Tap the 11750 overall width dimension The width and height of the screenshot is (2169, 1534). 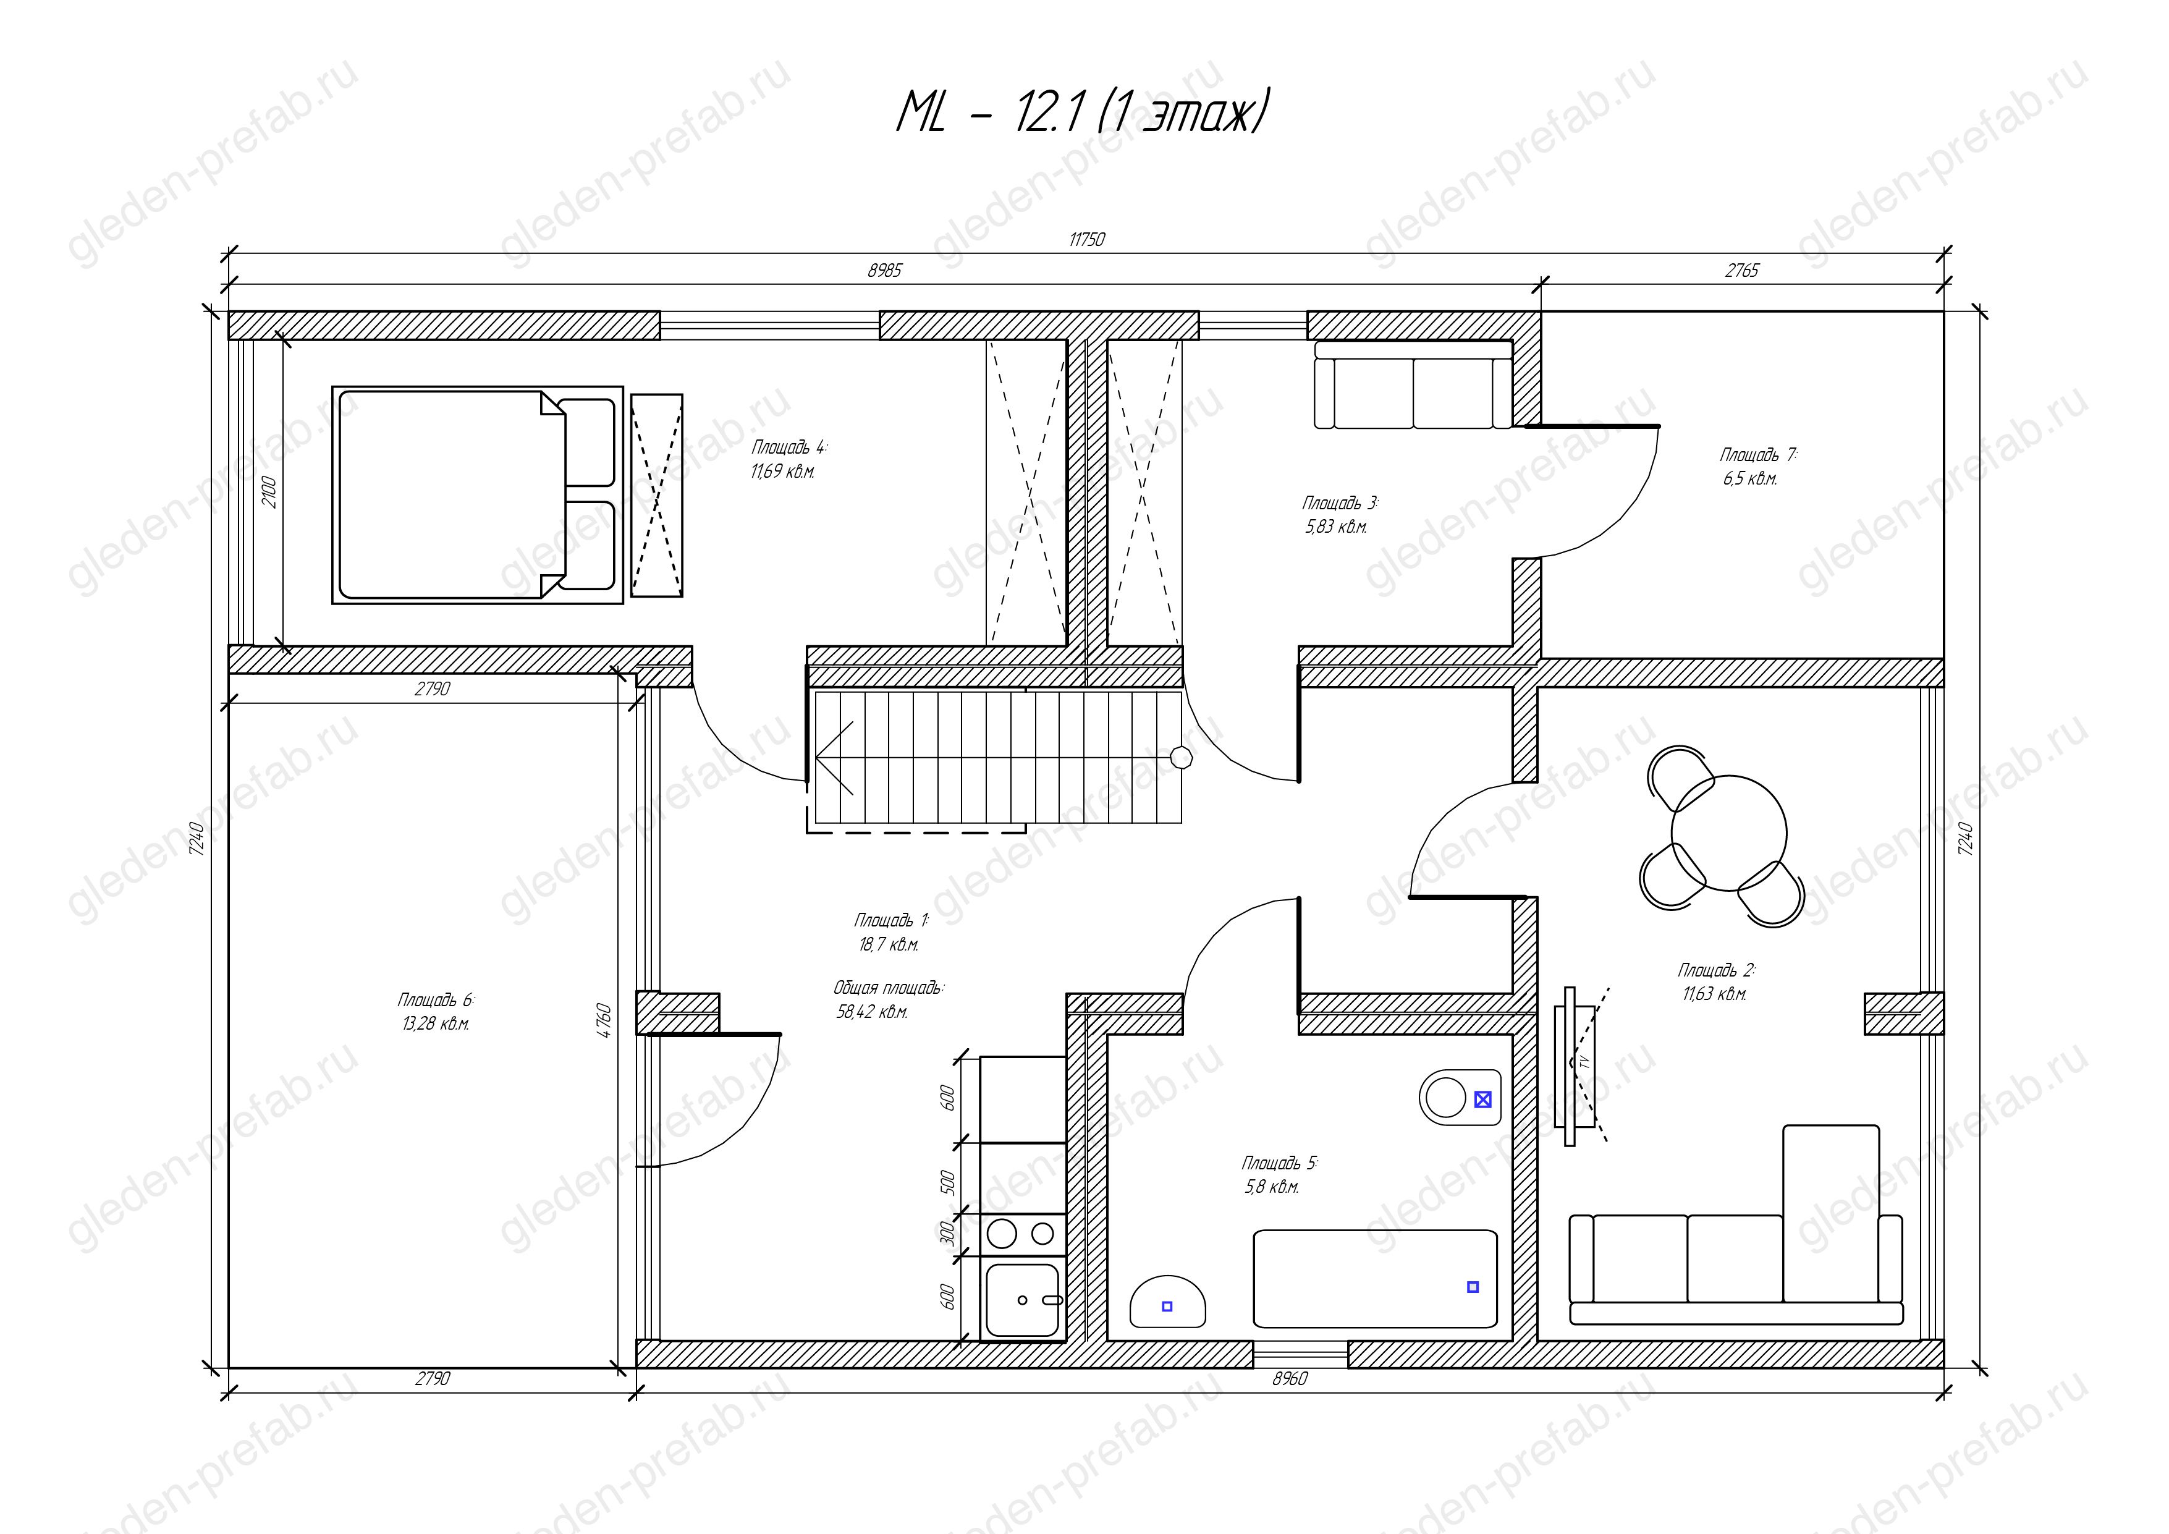[x=1086, y=240]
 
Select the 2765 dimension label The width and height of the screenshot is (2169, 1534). [x=1742, y=271]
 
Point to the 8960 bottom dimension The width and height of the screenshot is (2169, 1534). [x=1290, y=1379]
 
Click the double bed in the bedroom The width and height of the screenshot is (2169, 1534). [x=477, y=494]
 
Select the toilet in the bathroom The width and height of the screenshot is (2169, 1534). [x=1460, y=1098]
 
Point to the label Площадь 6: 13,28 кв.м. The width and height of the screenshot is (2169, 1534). [x=434, y=1011]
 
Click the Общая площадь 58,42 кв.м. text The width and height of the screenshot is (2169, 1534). [x=888, y=999]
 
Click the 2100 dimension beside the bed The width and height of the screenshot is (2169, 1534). [x=270, y=492]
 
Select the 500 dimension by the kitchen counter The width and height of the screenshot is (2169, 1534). [x=949, y=1180]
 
